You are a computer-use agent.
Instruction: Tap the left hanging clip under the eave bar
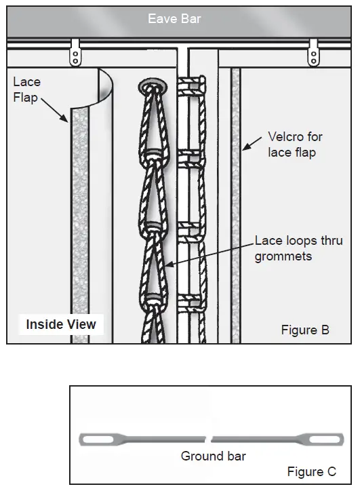[x=75, y=52]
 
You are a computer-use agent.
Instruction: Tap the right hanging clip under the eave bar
[x=313, y=52]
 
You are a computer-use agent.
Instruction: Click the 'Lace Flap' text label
[x=27, y=90]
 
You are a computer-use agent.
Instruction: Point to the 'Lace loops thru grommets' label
[x=298, y=248]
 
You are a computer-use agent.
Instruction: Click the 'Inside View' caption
[x=61, y=324]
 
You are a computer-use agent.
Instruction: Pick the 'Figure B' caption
[x=305, y=330]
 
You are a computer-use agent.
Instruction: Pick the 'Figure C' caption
[x=311, y=471]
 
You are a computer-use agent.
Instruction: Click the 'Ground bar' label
[x=213, y=456]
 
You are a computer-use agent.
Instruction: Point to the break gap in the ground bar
[x=209, y=439]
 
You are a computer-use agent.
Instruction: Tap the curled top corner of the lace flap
[x=104, y=81]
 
